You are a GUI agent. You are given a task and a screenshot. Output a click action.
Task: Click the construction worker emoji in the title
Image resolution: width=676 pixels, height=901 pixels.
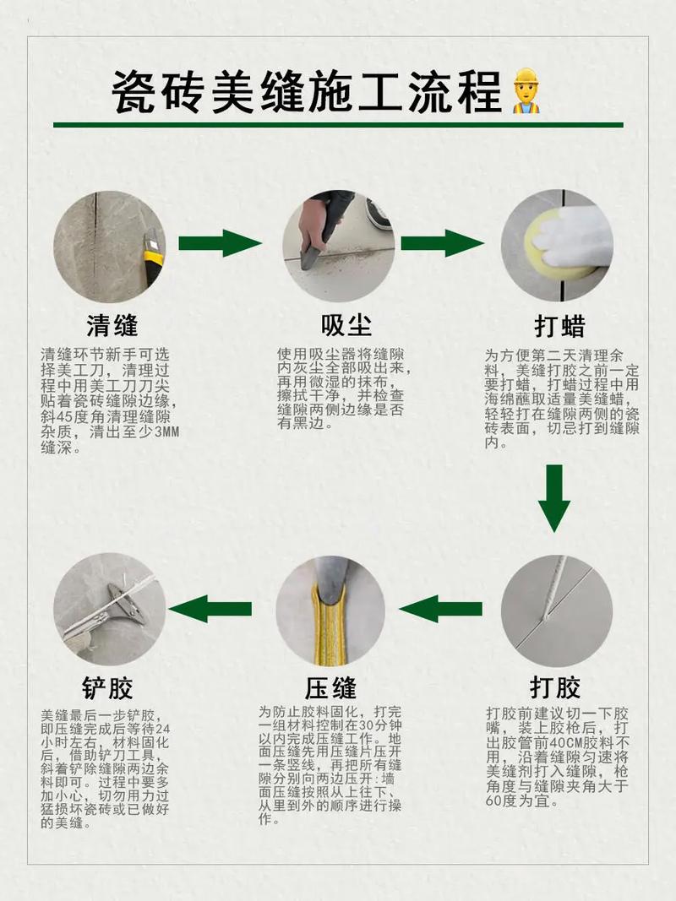pyautogui.click(x=526, y=91)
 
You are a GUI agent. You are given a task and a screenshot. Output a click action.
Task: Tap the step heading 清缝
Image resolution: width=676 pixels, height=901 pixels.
pyautogui.click(x=112, y=325)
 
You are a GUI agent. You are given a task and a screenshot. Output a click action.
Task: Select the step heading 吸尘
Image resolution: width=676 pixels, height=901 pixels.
pyautogui.click(x=346, y=325)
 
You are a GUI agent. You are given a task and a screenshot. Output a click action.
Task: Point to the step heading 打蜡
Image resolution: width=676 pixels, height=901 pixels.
pyautogui.click(x=560, y=326)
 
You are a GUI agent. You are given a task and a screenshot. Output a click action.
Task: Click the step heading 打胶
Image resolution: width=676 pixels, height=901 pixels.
pyautogui.click(x=555, y=687)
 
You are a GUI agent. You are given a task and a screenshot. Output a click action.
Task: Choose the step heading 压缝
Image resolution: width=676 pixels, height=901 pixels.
pyautogui.click(x=330, y=687)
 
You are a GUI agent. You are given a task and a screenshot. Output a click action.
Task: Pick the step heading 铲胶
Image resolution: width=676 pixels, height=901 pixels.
pyautogui.click(x=107, y=687)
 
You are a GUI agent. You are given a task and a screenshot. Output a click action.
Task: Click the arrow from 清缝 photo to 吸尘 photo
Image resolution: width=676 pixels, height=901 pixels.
pyautogui.click(x=221, y=243)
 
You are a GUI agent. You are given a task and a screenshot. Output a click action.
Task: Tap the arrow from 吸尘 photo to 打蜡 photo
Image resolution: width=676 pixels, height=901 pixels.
pyautogui.click(x=442, y=243)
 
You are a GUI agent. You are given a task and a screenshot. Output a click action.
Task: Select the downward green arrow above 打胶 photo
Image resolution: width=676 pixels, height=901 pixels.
pyautogui.click(x=554, y=498)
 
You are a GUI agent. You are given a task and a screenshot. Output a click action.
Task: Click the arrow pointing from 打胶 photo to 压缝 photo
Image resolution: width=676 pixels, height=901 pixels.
pyautogui.click(x=441, y=609)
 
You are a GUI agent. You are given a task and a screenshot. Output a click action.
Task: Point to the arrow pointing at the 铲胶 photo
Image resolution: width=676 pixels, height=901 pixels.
pyautogui.click(x=210, y=609)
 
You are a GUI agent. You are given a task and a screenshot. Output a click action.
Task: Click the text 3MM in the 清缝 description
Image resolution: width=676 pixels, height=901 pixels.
pyautogui.click(x=167, y=431)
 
